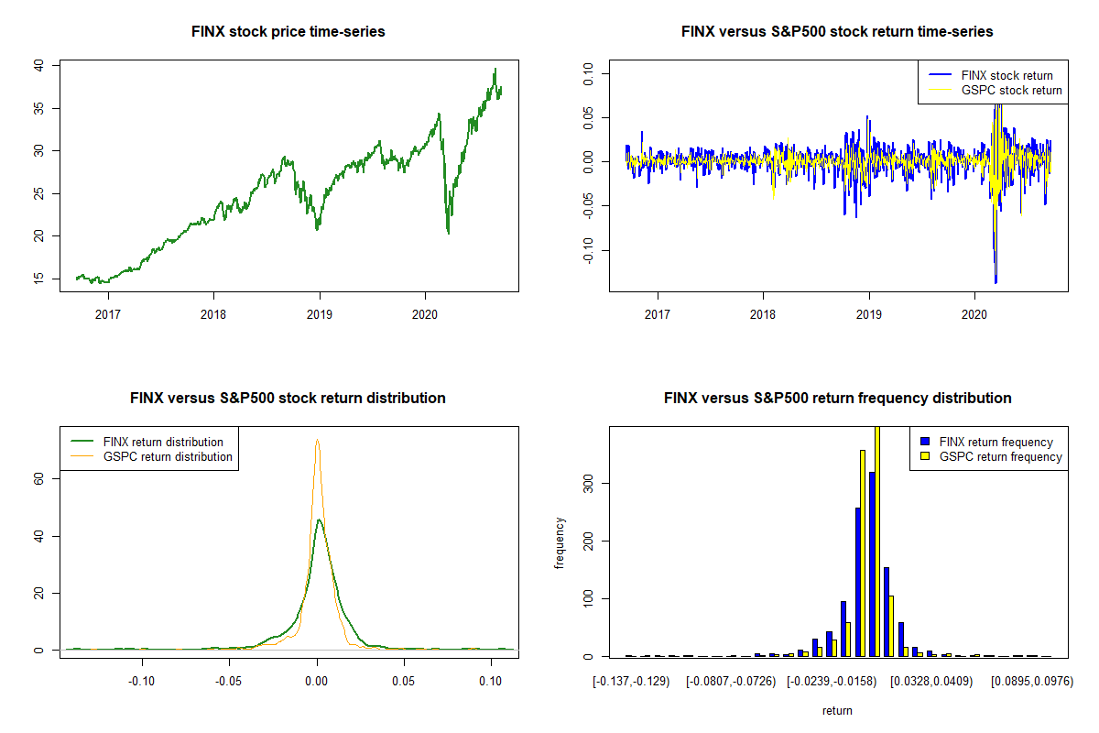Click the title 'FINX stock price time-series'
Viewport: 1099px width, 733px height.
[288, 32]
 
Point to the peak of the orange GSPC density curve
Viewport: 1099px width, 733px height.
[317, 440]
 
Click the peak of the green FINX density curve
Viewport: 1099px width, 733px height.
[318, 520]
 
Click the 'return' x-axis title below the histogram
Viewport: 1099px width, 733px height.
[837, 711]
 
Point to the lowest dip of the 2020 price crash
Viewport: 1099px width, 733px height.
[449, 234]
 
